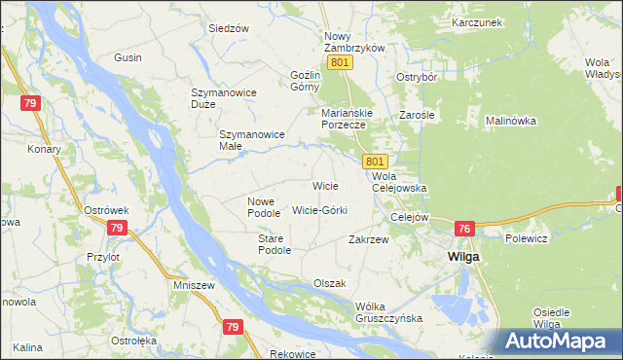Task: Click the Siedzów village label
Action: (229, 28)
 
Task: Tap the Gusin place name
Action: (128, 58)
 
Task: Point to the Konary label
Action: (45, 149)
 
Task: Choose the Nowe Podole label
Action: (263, 206)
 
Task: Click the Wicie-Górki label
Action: (319, 209)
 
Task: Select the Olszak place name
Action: (329, 283)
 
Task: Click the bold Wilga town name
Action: (462, 256)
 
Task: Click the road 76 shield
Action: (464, 229)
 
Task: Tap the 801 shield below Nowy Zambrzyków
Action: (339, 62)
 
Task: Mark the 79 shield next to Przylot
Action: (116, 228)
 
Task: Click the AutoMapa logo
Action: (561, 341)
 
